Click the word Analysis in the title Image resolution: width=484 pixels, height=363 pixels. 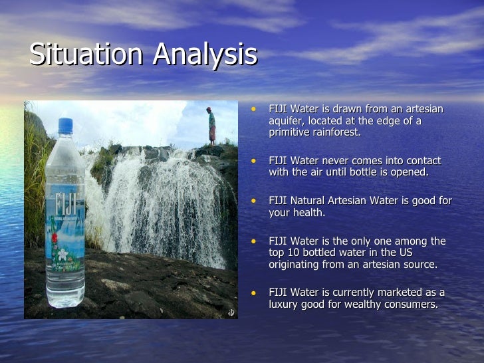[x=205, y=56]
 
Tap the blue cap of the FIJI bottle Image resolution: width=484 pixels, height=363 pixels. [x=65, y=126]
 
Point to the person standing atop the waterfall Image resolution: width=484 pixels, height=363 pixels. [x=211, y=124]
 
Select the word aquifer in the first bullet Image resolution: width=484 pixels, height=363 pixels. [x=287, y=120]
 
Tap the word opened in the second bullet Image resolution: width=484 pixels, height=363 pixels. [x=411, y=172]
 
